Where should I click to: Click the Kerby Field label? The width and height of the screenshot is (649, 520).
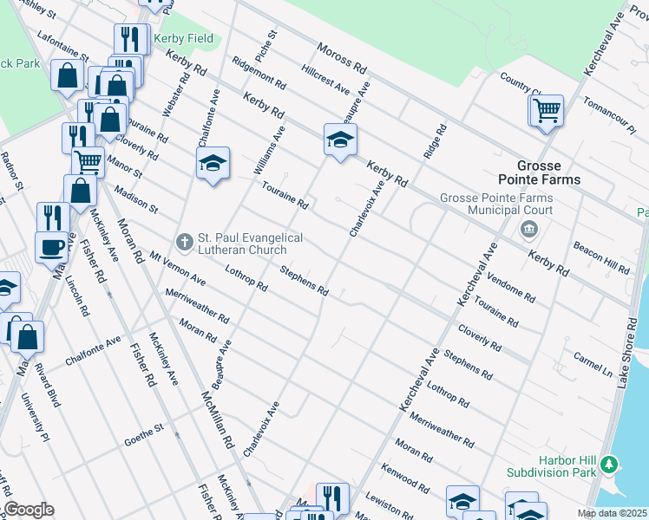(183, 39)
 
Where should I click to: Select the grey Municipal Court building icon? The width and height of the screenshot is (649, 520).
(528, 230)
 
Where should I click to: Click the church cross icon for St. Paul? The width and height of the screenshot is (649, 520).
(183, 240)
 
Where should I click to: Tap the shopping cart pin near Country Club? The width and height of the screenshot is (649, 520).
(546, 111)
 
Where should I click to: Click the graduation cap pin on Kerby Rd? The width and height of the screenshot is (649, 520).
(340, 139)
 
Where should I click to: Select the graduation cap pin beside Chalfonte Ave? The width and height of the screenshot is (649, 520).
(212, 163)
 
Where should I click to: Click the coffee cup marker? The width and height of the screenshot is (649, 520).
(51, 247)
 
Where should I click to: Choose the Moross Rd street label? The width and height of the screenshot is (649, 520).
(341, 58)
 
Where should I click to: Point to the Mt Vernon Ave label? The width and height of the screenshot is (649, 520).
(177, 269)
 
